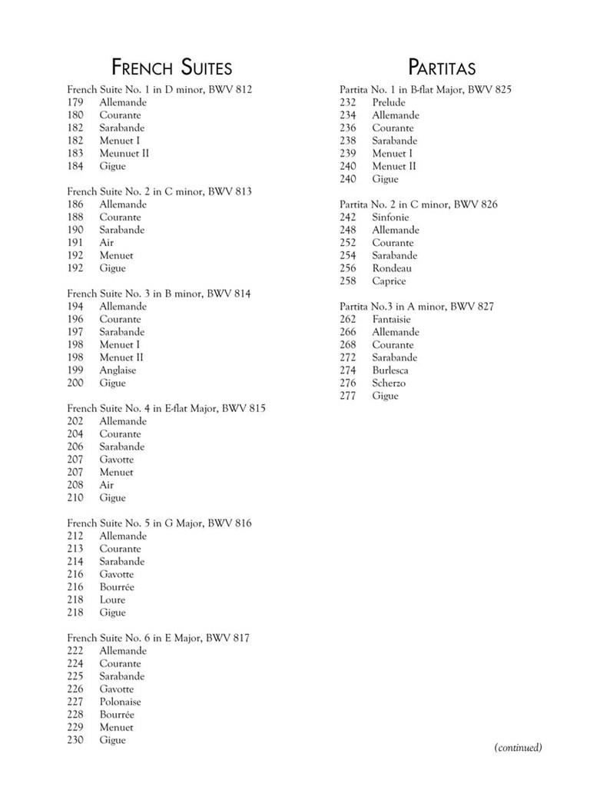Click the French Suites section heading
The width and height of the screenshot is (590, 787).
click(171, 67)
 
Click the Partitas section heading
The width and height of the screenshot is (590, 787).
click(442, 67)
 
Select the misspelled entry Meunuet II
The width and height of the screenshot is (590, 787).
click(124, 153)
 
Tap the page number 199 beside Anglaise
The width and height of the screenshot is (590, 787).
click(75, 370)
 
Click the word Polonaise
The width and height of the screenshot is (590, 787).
click(120, 702)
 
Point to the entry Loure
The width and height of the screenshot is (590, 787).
click(112, 599)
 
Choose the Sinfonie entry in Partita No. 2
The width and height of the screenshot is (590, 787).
click(390, 218)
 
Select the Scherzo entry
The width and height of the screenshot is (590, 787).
click(389, 383)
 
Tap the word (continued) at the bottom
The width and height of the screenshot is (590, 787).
click(518, 747)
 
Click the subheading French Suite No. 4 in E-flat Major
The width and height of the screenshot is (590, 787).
click(166, 408)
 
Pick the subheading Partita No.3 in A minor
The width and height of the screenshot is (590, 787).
click(416, 307)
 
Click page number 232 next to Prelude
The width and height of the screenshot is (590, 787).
click(347, 102)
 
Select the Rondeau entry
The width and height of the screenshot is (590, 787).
click(392, 268)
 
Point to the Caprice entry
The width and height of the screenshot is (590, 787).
click(389, 281)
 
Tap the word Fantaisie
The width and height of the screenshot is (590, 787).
click(391, 319)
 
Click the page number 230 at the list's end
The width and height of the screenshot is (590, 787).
click(75, 740)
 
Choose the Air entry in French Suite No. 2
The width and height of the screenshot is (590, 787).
click(107, 242)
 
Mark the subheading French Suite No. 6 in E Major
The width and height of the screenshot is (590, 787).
click(158, 638)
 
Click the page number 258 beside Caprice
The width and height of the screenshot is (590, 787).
click(347, 281)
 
